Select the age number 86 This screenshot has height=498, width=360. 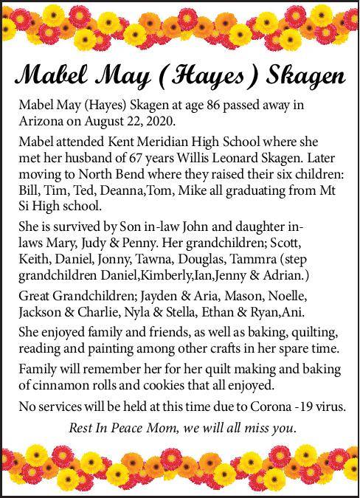(217, 106)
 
